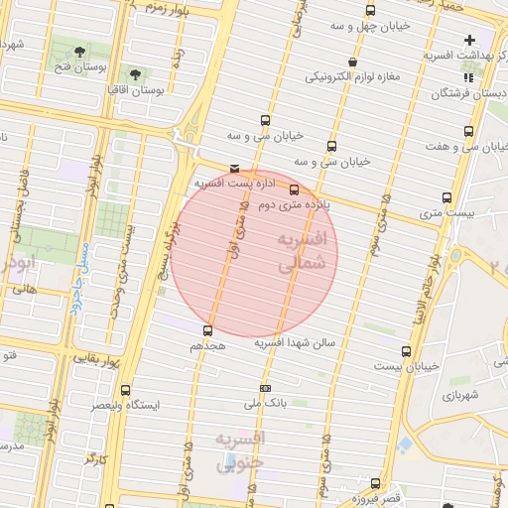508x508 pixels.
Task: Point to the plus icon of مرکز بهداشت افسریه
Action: [x=468, y=40]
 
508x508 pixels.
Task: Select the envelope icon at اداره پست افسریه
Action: [x=234, y=169]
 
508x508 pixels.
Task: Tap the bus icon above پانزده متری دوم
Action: [x=294, y=190]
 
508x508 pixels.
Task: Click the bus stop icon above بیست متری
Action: [x=445, y=197]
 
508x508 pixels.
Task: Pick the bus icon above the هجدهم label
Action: [x=207, y=330]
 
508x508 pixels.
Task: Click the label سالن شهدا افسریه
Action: [x=296, y=342]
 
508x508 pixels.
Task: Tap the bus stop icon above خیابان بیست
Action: [x=405, y=351]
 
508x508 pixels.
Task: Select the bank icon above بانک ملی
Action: [x=265, y=387]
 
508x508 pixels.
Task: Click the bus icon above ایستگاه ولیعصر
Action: [x=124, y=390]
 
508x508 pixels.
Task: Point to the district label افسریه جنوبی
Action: [x=241, y=449]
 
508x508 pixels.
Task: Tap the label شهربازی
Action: [x=461, y=395]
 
